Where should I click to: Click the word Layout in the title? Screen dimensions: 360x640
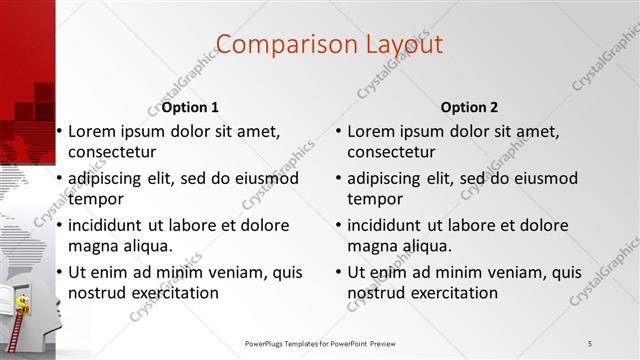(x=401, y=45)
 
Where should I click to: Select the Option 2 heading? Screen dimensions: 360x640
(x=468, y=108)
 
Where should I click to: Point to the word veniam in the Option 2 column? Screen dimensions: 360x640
(x=498, y=272)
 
